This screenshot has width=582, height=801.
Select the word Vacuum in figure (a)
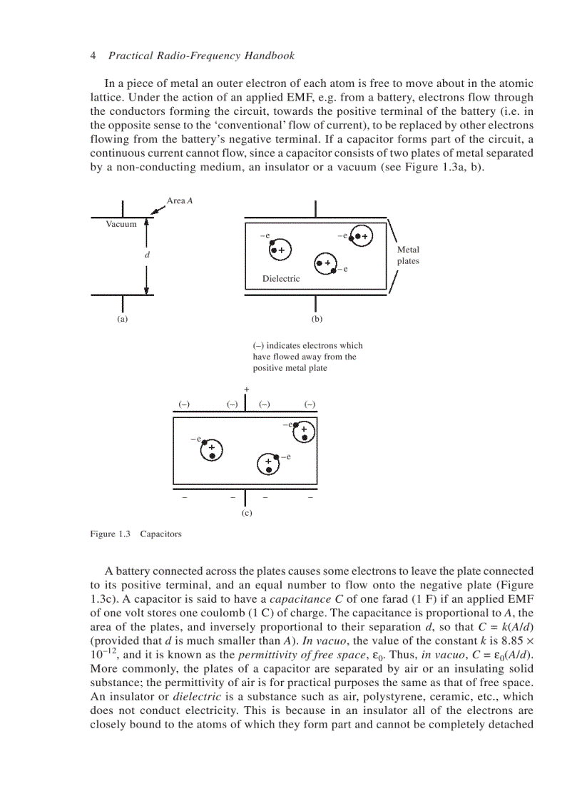click(x=121, y=224)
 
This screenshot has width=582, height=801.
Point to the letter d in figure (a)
click(x=146, y=255)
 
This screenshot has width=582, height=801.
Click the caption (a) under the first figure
click(x=123, y=320)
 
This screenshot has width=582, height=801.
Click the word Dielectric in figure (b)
click(x=281, y=279)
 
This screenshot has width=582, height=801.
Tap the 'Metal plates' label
click(x=408, y=255)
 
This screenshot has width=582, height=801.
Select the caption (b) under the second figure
click(x=317, y=320)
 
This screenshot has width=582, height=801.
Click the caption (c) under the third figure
click(x=246, y=512)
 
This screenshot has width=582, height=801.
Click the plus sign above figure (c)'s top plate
click(x=246, y=389)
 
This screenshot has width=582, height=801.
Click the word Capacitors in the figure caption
click(x=160, y=534)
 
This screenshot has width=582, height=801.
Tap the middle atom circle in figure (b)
click(x=325, y=262)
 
